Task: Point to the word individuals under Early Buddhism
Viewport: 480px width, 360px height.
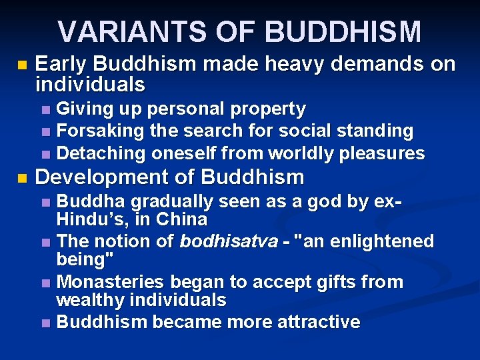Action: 89,84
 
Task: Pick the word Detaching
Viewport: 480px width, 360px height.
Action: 102,153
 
